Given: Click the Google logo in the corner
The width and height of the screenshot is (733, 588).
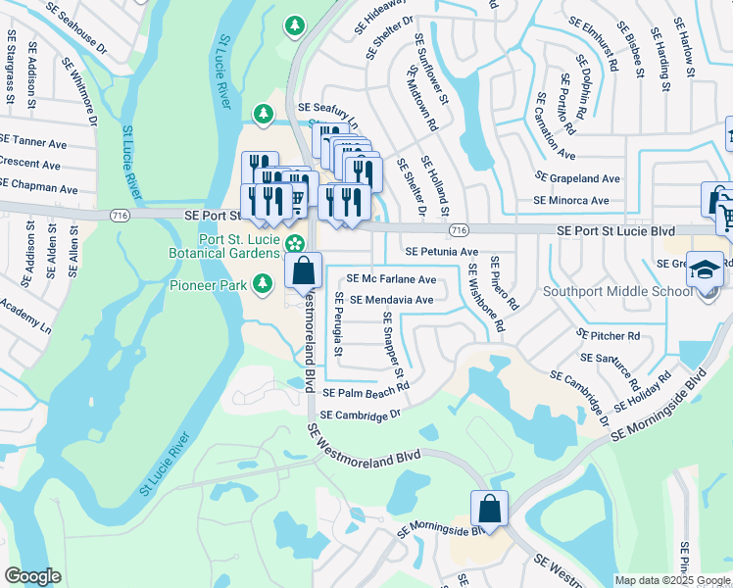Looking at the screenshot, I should point(32,576).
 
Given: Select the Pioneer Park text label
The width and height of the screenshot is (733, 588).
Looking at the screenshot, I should point(205,285).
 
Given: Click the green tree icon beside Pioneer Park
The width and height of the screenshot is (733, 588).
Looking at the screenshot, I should point(263,284).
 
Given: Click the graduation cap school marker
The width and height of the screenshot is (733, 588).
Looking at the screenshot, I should point(704,269).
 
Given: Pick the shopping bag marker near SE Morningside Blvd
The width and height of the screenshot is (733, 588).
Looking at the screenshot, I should point(489,509).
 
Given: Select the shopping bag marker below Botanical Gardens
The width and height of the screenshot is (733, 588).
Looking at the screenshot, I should point(304,269).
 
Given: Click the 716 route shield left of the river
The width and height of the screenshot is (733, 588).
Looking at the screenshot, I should point(120,215).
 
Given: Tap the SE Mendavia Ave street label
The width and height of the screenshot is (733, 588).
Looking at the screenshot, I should point(391,300).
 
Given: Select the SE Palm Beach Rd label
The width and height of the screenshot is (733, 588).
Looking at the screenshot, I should point(366,390).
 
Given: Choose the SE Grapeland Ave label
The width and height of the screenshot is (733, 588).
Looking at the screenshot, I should point(577,178).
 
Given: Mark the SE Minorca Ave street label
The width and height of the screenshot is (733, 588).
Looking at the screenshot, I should point(570,200).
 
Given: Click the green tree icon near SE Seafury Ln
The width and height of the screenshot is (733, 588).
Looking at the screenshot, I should point(263,115).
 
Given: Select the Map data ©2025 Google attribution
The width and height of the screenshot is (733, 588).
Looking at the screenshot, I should point(672,580).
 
